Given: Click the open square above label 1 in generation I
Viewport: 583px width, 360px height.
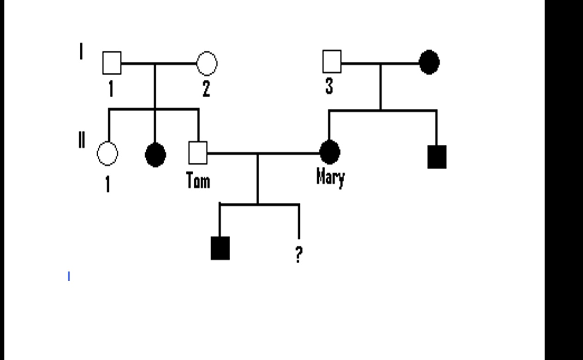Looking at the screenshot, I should (112, 63).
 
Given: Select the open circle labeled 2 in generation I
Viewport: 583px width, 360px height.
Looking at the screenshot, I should (207, 63).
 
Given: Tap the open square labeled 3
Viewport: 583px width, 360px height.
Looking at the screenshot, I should (332, 62).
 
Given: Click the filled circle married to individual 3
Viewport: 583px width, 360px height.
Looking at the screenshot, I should (429, 62).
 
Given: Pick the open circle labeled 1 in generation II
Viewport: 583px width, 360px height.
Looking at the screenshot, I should (107, 153).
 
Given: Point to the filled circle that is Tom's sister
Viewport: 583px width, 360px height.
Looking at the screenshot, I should (155, 155).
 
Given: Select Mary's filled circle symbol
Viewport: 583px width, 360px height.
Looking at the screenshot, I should (330, 152).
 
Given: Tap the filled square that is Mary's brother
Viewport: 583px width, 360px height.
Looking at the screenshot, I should (437, 157).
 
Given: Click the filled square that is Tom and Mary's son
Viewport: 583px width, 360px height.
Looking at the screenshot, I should (220, 248).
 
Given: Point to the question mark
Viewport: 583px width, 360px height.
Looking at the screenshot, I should (299, 254).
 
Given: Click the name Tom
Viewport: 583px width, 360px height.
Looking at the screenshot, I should (198, 180).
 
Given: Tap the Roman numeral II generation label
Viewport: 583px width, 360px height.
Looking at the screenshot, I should (81, 139).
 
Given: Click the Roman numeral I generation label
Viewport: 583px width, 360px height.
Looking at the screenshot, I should (81, 51).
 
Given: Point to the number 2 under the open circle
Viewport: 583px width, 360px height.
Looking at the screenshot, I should (206, 88).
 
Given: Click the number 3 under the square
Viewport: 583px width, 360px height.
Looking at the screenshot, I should (329, 86).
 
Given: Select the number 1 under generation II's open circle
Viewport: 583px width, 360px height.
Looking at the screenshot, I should (107, 184).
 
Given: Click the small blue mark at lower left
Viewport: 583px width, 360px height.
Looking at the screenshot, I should (69, 276).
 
